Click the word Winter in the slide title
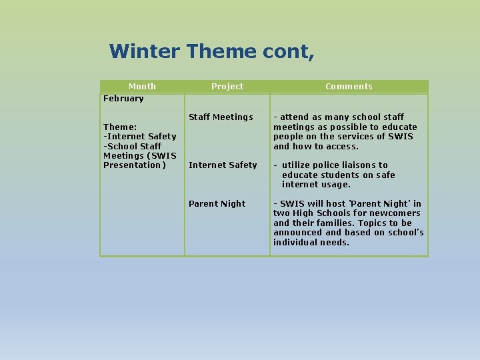point(144,51)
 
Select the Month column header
point(142,87)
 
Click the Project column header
point(227,87)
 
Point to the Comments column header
point(349,87)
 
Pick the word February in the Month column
point(123,99)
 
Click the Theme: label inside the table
point(120,127)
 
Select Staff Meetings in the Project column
point(221,117)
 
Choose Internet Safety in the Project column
point(223,165)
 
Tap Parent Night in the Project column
point(217,204)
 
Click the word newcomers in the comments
point(398,213)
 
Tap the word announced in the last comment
point(298,233)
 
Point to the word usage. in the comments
point(335,185)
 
